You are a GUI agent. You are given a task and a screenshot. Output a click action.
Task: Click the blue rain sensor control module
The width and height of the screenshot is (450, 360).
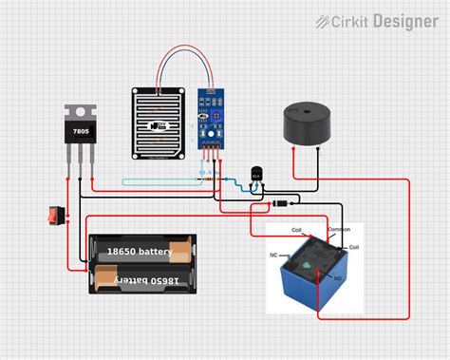[x=211, y=119]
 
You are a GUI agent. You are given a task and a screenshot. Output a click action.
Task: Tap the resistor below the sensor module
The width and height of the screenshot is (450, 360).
[x=207, y=178]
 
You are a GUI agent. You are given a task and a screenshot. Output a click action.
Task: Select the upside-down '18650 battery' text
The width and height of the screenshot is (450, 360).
[x=142, y=279]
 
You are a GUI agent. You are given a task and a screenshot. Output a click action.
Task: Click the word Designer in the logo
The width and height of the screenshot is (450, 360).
[x=406, y=20]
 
